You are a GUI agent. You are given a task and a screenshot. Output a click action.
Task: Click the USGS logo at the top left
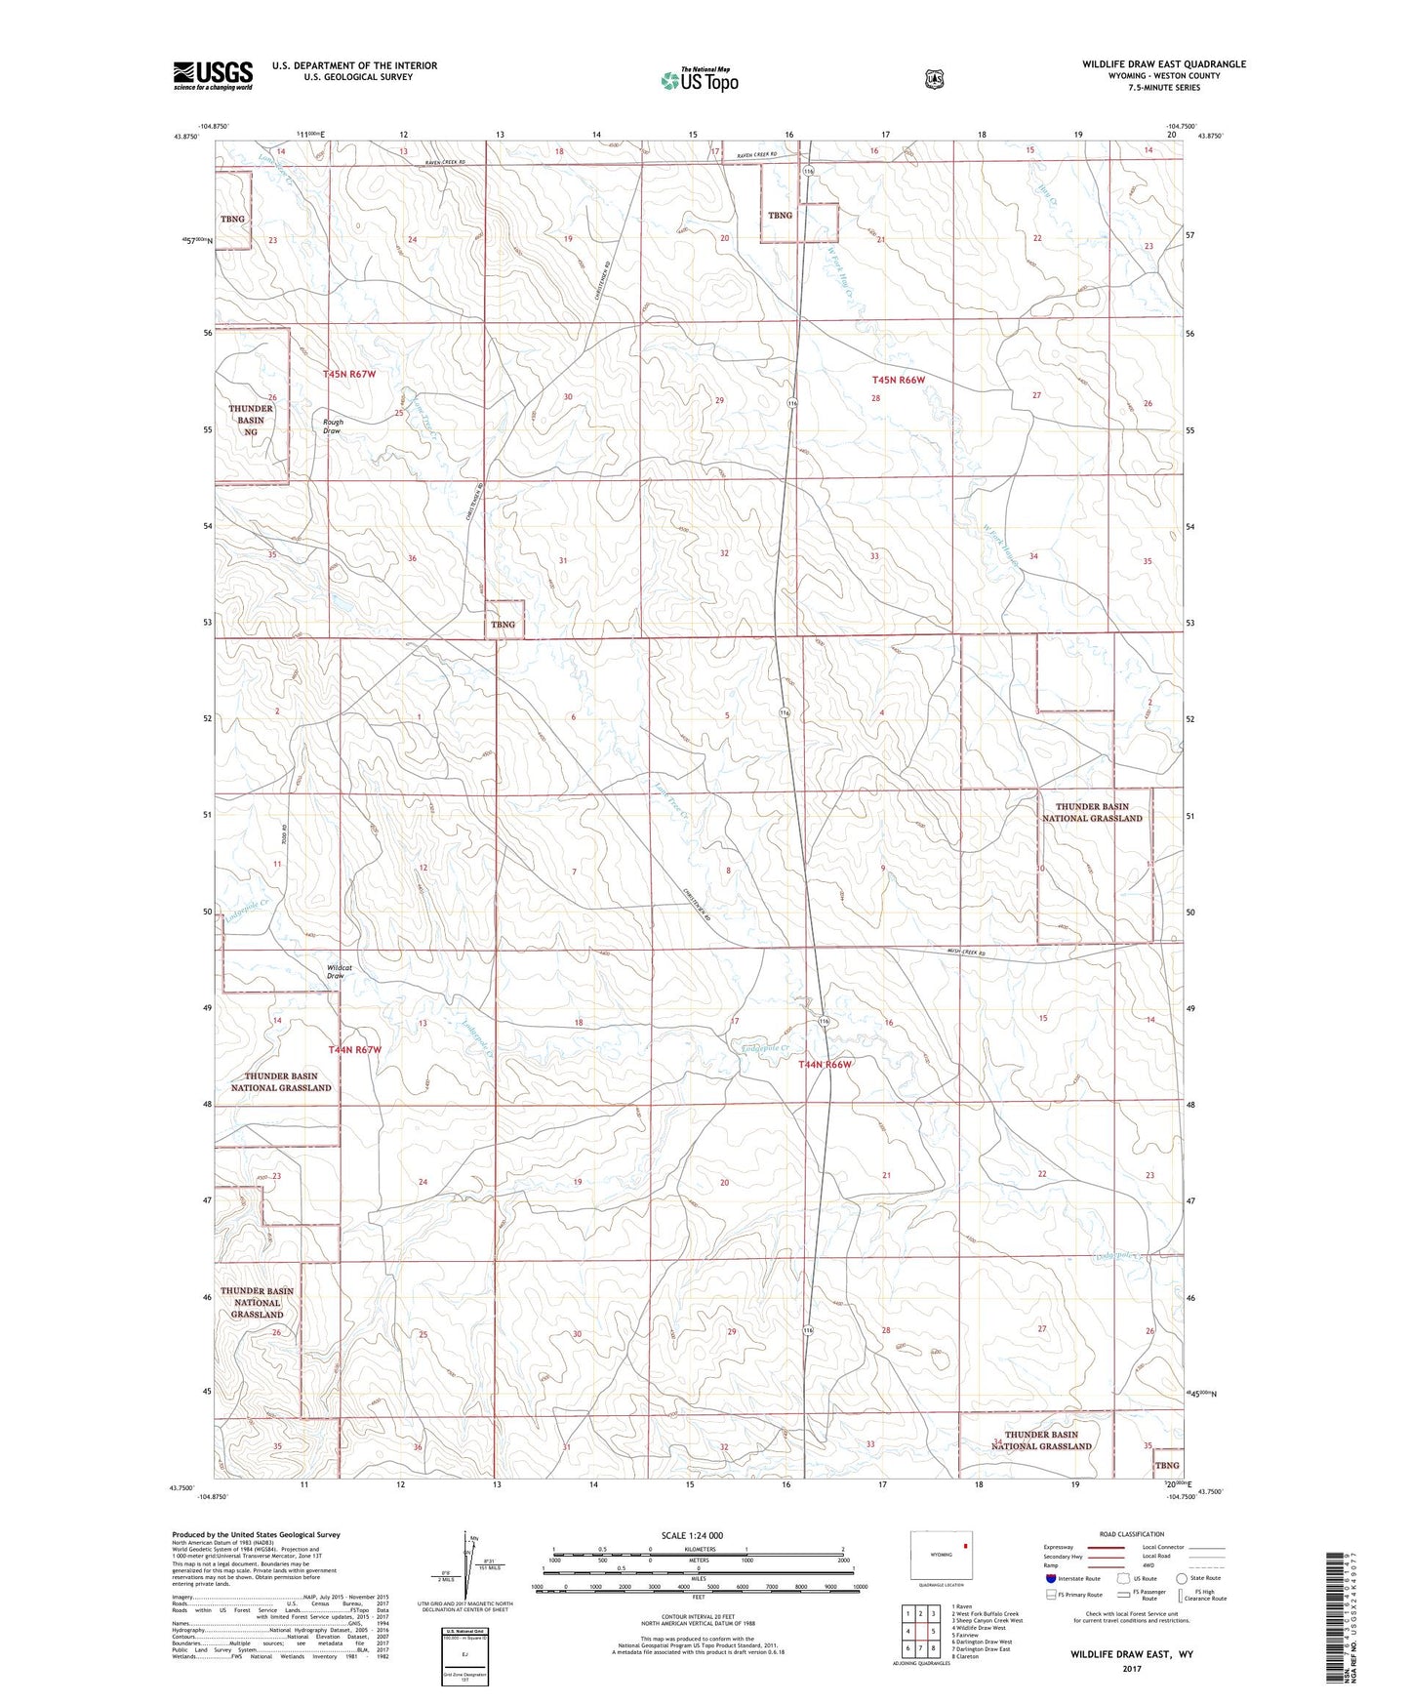pyautogui.click(x=213, y=74)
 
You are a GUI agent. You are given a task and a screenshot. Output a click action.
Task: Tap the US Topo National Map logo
pyautogui.click(x=699, y=79)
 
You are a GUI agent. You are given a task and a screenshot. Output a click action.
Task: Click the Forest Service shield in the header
pyautogui.click(x=935, y=78)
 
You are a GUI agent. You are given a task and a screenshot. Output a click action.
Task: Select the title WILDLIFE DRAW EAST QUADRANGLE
pyautogui.click(x=1163, y=64)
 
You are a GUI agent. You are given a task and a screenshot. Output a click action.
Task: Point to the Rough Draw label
pyautogui.click(x=333, y=426)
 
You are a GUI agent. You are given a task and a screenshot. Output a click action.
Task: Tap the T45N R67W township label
pyautogui.click(x=349, y=374)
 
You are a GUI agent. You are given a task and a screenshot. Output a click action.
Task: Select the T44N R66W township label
pyautogui.click(x=826, y=1064)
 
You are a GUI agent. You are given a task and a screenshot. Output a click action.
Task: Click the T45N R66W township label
pyautogui.click(x=898, y=380)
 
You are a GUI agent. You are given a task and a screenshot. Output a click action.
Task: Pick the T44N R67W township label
pyautogui.click(x=354, y=1049)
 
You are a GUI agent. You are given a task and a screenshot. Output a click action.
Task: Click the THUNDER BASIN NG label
pyautogui.click(x=251, y=420)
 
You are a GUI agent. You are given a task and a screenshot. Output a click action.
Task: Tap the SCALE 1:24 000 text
pyautogui.click(x=692, y=1535)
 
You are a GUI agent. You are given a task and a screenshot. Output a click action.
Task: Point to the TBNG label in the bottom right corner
pyautogui.click(x=1167, y=1465)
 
